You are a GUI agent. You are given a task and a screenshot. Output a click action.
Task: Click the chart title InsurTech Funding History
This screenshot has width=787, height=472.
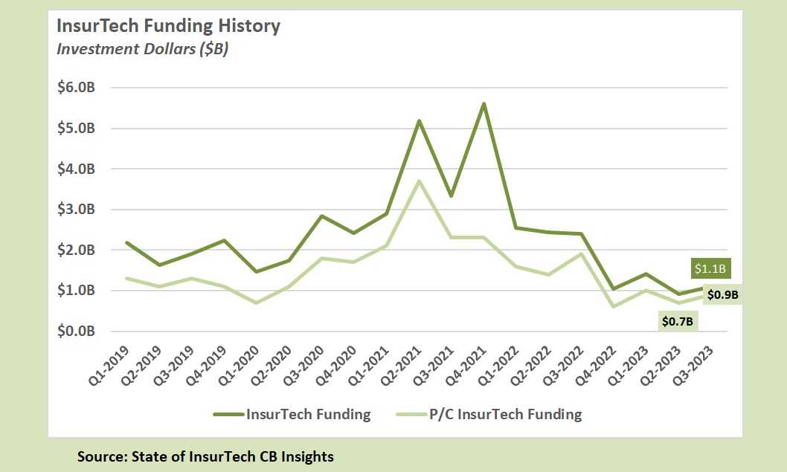pyautogui.click(x=169, y=26)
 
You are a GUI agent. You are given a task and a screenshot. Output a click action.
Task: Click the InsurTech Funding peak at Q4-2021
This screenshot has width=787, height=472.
pyautogui.click(x=484, y=103)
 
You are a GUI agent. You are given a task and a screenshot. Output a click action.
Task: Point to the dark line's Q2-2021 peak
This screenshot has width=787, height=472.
pyautogui.click(x=420, y=120)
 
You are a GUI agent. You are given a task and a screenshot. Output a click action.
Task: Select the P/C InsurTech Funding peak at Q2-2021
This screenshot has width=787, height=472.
pyautogui.click(x=420, y=181)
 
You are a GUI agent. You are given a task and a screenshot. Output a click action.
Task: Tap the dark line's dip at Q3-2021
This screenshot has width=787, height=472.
pyautogui.click(x=452, y=196)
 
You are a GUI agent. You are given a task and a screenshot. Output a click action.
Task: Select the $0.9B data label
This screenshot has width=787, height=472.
pyautogui.click(x=723, y=295)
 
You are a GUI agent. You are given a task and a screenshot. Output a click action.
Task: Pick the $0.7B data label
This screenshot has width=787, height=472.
pyautogui.click(x=678, y=321)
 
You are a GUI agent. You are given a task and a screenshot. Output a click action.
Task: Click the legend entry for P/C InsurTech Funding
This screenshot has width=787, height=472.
pyautogui.click(x=505, y=415)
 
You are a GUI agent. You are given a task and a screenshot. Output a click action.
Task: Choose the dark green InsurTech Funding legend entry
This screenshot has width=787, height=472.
pyautogui.click(x=308, y=415)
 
